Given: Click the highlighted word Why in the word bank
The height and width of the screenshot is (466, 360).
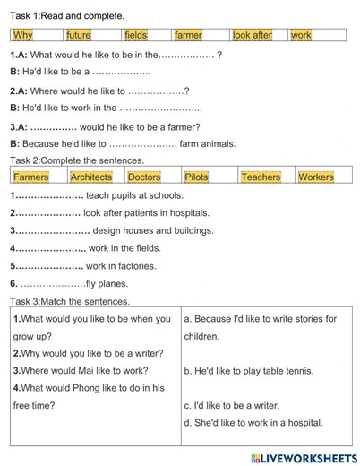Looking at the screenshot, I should pyautogui.click(x=23, y=35).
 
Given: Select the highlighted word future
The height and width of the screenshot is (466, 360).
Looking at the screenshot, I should pyautogui.click(x=78, y=35).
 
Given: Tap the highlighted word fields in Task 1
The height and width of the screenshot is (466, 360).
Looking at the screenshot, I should pyautogui.click(x=135, y=35).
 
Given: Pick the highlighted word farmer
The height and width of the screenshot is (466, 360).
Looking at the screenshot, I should pyautogui.click(x=188, y=35).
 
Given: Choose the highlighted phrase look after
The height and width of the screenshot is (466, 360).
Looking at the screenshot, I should pyautogui.click(x=252, y=35).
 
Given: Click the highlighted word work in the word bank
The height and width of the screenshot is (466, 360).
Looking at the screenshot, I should pyautogui.click(x=301, y=35).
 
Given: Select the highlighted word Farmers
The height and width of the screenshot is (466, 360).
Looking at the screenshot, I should pyautogui.click(x=31, y=177).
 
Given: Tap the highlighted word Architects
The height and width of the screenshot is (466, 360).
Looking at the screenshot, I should pyautogui.click(x=91, y=177).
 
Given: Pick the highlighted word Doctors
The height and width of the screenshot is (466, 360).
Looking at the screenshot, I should pyautogui.click(x=144, y=177).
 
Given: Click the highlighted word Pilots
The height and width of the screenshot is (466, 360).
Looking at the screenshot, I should pyautogui.click(x=196, y=177).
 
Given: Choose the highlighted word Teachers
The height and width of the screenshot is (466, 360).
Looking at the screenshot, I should pyautogui.click(x=261, y=177).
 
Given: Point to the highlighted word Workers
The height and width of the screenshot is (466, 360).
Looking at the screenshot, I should pyautogui.click(x=316, y=177).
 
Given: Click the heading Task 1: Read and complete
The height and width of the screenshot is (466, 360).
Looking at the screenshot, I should pyautogui.click(x=67, y=16).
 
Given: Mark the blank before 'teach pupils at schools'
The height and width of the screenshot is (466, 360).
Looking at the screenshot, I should pyautogui.click(x=48, y=195).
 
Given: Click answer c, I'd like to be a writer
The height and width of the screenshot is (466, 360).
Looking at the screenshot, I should pyautogui.click(x=231, y=405).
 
